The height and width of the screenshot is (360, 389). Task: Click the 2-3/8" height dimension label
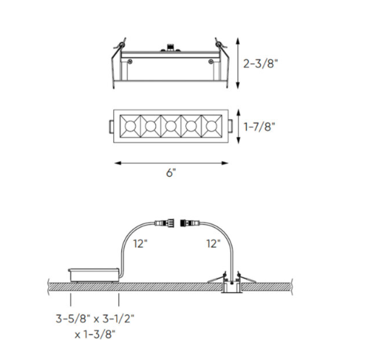261,63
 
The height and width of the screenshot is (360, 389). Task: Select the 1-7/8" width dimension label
260,127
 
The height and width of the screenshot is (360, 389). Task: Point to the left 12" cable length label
141,244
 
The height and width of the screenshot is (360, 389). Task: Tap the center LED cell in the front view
170,127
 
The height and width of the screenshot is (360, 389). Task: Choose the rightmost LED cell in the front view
211,127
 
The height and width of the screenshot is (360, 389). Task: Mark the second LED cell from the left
150,127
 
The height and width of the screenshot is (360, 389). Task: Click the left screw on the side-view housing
130,63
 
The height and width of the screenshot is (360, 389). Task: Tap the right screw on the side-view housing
211,63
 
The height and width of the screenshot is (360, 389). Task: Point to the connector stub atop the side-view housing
171,46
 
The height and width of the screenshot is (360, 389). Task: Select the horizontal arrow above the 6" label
170,162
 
